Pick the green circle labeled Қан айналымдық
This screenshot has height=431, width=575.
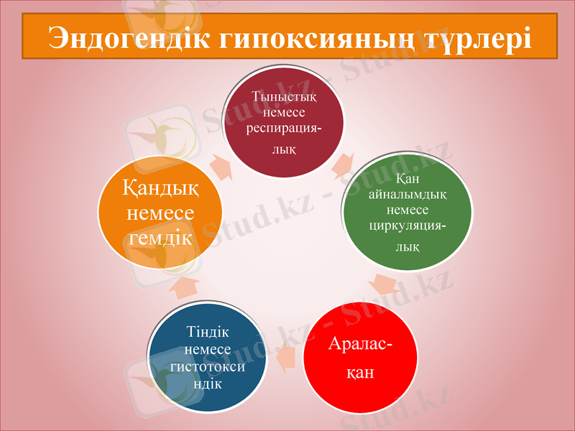[407, 211]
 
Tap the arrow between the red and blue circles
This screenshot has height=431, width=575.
[285, 357]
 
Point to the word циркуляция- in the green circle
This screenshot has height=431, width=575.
[406, 225]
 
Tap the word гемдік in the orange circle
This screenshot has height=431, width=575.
[160, 238]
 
